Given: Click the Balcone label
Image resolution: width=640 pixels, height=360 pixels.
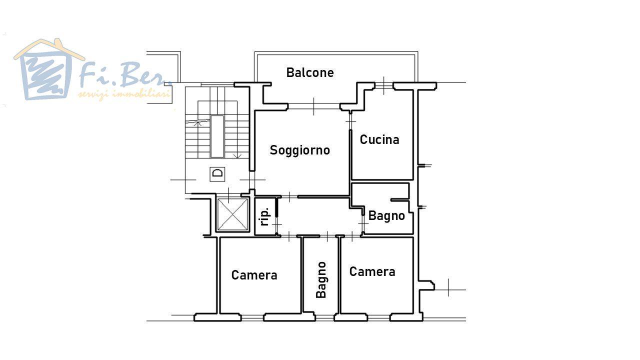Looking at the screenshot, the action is [x=310, y=72].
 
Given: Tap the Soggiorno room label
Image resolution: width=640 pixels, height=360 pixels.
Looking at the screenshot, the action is [x=299, y=150].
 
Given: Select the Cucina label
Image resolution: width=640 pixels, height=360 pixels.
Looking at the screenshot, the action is [x=379, y=139].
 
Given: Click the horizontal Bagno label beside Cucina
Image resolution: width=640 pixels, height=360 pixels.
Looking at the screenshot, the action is [x=386, y=215].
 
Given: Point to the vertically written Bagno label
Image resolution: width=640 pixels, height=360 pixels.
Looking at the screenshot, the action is [x=321, y=280].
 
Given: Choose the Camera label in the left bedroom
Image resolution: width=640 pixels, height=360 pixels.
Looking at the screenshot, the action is [x=254, y=275].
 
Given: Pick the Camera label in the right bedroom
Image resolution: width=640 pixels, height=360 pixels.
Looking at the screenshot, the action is [x=372, y=271].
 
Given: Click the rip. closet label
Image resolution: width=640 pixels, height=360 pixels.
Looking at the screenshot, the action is [x=265, y=216].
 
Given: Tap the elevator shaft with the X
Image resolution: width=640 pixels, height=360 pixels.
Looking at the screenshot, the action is [x=232, y=214].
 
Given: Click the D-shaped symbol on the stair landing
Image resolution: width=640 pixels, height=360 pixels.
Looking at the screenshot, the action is [x=217, y=173].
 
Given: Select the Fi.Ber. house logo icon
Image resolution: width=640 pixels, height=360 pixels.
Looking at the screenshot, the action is [x=47, y=69].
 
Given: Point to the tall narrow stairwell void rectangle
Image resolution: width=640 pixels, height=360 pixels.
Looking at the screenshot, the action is [x=217, y=136].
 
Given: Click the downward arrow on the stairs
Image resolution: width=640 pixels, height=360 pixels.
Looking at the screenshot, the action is [x=237, y=156].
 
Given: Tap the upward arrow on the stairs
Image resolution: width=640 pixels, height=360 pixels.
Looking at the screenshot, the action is [x=197, y=123].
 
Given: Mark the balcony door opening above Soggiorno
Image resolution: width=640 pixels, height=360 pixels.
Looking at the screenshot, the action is [x=313, y=106].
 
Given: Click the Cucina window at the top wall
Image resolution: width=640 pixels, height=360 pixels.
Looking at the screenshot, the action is [x=383, y=85].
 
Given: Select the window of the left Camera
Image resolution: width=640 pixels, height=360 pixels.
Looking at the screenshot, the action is [x=252, y=317].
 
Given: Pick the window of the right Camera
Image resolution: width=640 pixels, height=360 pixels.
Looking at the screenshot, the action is [x=379, y=317].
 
